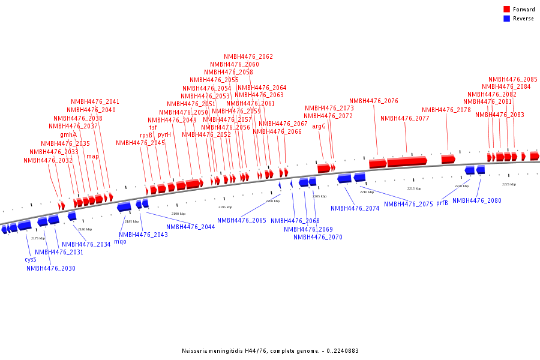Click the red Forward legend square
point(506,10)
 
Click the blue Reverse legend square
point(506,19)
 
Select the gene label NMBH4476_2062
point(248,57)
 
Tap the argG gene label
point(319,127)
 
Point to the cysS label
point(31,260)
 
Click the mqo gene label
point(120,242)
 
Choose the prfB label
point(442,203)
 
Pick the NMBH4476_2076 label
point(374,101)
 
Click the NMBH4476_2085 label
point(513,79)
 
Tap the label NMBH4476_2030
point(51,269)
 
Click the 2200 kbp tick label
point(272,202)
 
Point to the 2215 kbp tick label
point(414,189)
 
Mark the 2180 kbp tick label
point(85,229)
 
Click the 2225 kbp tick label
point(509,185)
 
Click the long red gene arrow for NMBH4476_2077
point(407,161)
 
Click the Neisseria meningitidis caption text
point(270,351)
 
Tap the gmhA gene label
point(68,134)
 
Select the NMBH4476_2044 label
point(190,227)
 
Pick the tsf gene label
point(154,127)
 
